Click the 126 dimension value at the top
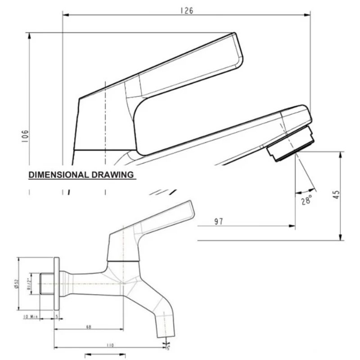click(x=186, y=10)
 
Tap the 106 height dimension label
click(x=25, y=135)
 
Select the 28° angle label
click(x=306, y=200)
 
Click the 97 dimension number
click(x=219, y=222)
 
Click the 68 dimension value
click(x=88, y=327)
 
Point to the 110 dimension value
click(x=109, y=345)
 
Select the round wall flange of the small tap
click(x=57, y=283)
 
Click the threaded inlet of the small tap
click(x=46, y=283)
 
